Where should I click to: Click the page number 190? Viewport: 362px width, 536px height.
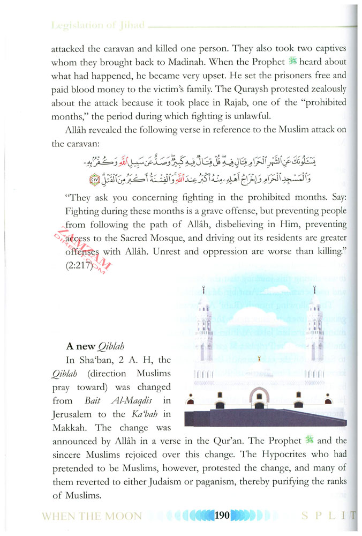pos(221,516)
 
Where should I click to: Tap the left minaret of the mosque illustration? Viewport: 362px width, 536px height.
pos(203,322)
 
